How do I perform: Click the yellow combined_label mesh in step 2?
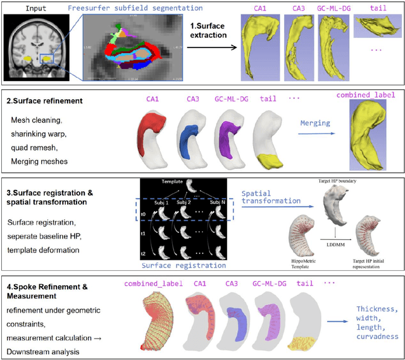tap(370, 138)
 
